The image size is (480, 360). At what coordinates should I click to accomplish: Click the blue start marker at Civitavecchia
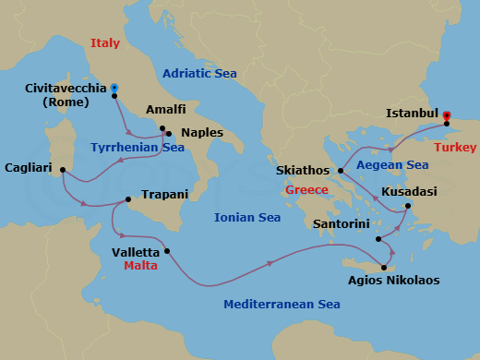tap(114, 88)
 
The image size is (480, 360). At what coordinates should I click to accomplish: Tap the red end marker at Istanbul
tap(447, 115)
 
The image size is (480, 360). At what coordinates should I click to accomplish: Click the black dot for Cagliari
tap(62, 169)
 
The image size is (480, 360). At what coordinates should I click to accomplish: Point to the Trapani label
tap(165, 195)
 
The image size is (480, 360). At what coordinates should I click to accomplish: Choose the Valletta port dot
tap(167, 251)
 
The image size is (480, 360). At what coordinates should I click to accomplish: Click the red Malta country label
tap(140, 266)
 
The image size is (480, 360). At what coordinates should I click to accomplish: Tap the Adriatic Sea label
tap(199, 74)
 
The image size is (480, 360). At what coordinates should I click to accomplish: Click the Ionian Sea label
tap(247, 218)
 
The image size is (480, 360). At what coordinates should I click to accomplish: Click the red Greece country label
tap(307, 190)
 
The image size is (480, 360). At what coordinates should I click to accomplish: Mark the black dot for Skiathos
tap(341, 171)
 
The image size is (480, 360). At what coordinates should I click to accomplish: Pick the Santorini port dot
tap(378, 239)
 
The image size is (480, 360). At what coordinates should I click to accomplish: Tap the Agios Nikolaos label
tap(393, 280)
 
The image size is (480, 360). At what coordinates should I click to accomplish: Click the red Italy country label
tap(105, 42)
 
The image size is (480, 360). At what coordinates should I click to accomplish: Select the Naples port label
tap(201, 133)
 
